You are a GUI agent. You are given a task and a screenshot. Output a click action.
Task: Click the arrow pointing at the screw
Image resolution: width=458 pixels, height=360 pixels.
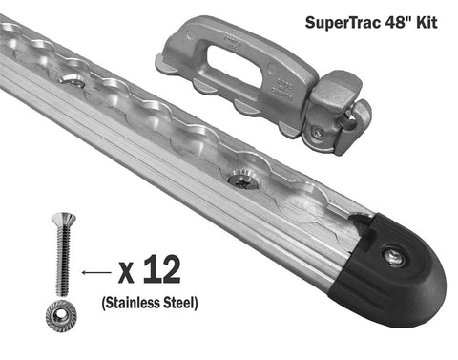93,273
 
